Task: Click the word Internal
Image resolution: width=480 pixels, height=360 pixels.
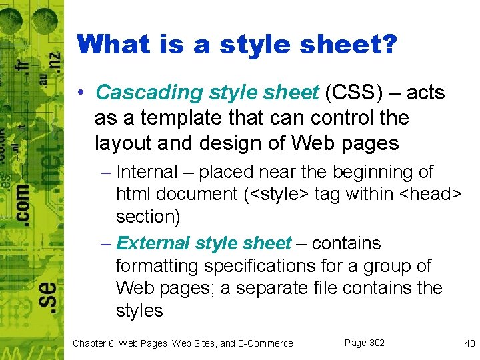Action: tap(147, 172)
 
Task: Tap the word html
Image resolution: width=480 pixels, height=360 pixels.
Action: tap(132, 194)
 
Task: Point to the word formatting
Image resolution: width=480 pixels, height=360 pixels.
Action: tap(157, 266)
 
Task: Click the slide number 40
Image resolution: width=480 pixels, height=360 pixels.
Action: tap(469, 343)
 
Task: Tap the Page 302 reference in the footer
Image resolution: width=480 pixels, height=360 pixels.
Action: tap(365, 343)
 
